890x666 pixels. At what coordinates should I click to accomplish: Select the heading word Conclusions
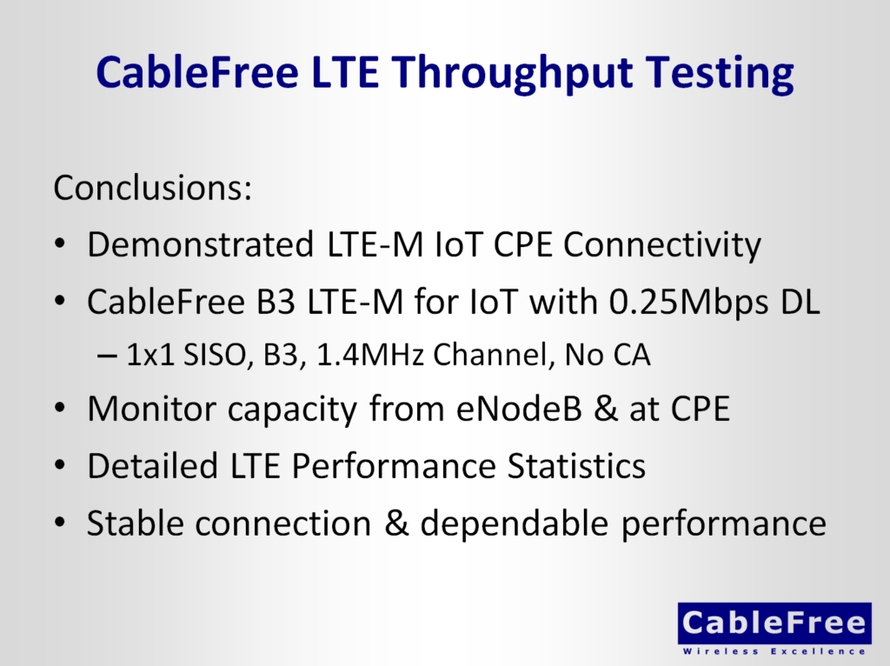(x=153, y=188)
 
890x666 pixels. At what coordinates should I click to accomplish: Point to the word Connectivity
(x=661, y=245)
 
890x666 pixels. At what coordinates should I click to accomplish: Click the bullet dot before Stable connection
(x=59, y=525)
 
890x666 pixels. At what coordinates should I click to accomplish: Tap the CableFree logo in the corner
(x=774, y=623)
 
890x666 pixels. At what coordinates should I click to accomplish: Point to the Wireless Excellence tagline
(x=774, y=650)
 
